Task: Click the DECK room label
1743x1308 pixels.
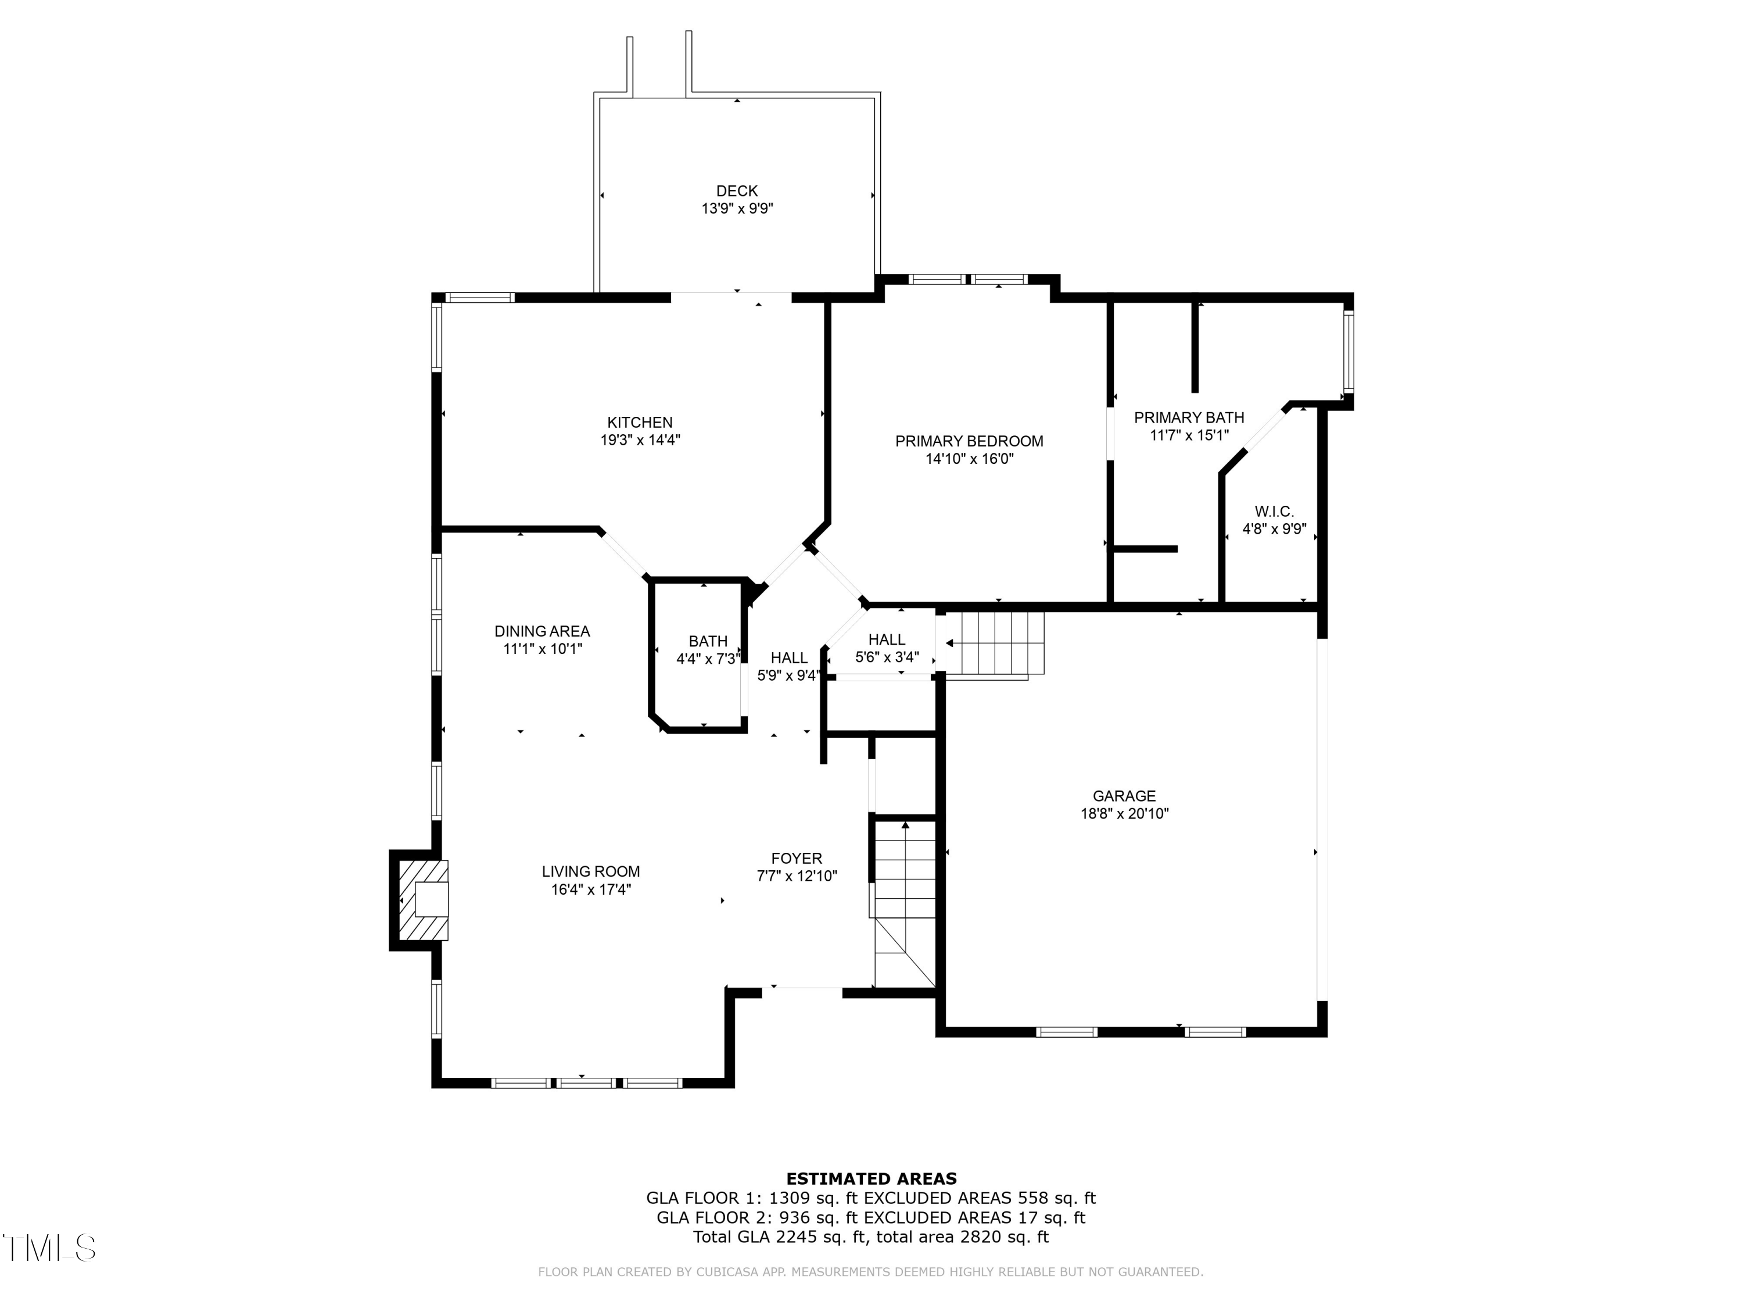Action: tap(737, 191)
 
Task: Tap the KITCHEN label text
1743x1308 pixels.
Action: tap(640, 423)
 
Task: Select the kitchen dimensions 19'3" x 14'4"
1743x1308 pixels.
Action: tap(640, 441)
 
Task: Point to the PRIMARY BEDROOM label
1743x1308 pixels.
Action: tap(969, 441)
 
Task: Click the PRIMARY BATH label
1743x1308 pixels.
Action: tap(1189, 418)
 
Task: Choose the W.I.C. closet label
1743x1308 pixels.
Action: tap(1274, 512)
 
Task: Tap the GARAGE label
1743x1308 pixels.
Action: tap(1124, 796)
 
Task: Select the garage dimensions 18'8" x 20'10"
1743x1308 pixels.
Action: tap(1124, 814)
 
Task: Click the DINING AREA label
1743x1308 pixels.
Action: tap(542, 631)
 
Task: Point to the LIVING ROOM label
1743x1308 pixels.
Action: tap(591, 872)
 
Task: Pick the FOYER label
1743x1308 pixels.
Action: tap(797, 859)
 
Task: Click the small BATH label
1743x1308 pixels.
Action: tap(708, 642)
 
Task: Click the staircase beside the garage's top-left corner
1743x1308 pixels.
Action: tap(995, 644)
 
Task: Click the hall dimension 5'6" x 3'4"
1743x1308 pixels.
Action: tap(887, 657)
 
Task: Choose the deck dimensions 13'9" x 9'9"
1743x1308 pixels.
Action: tap(737, 209)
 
